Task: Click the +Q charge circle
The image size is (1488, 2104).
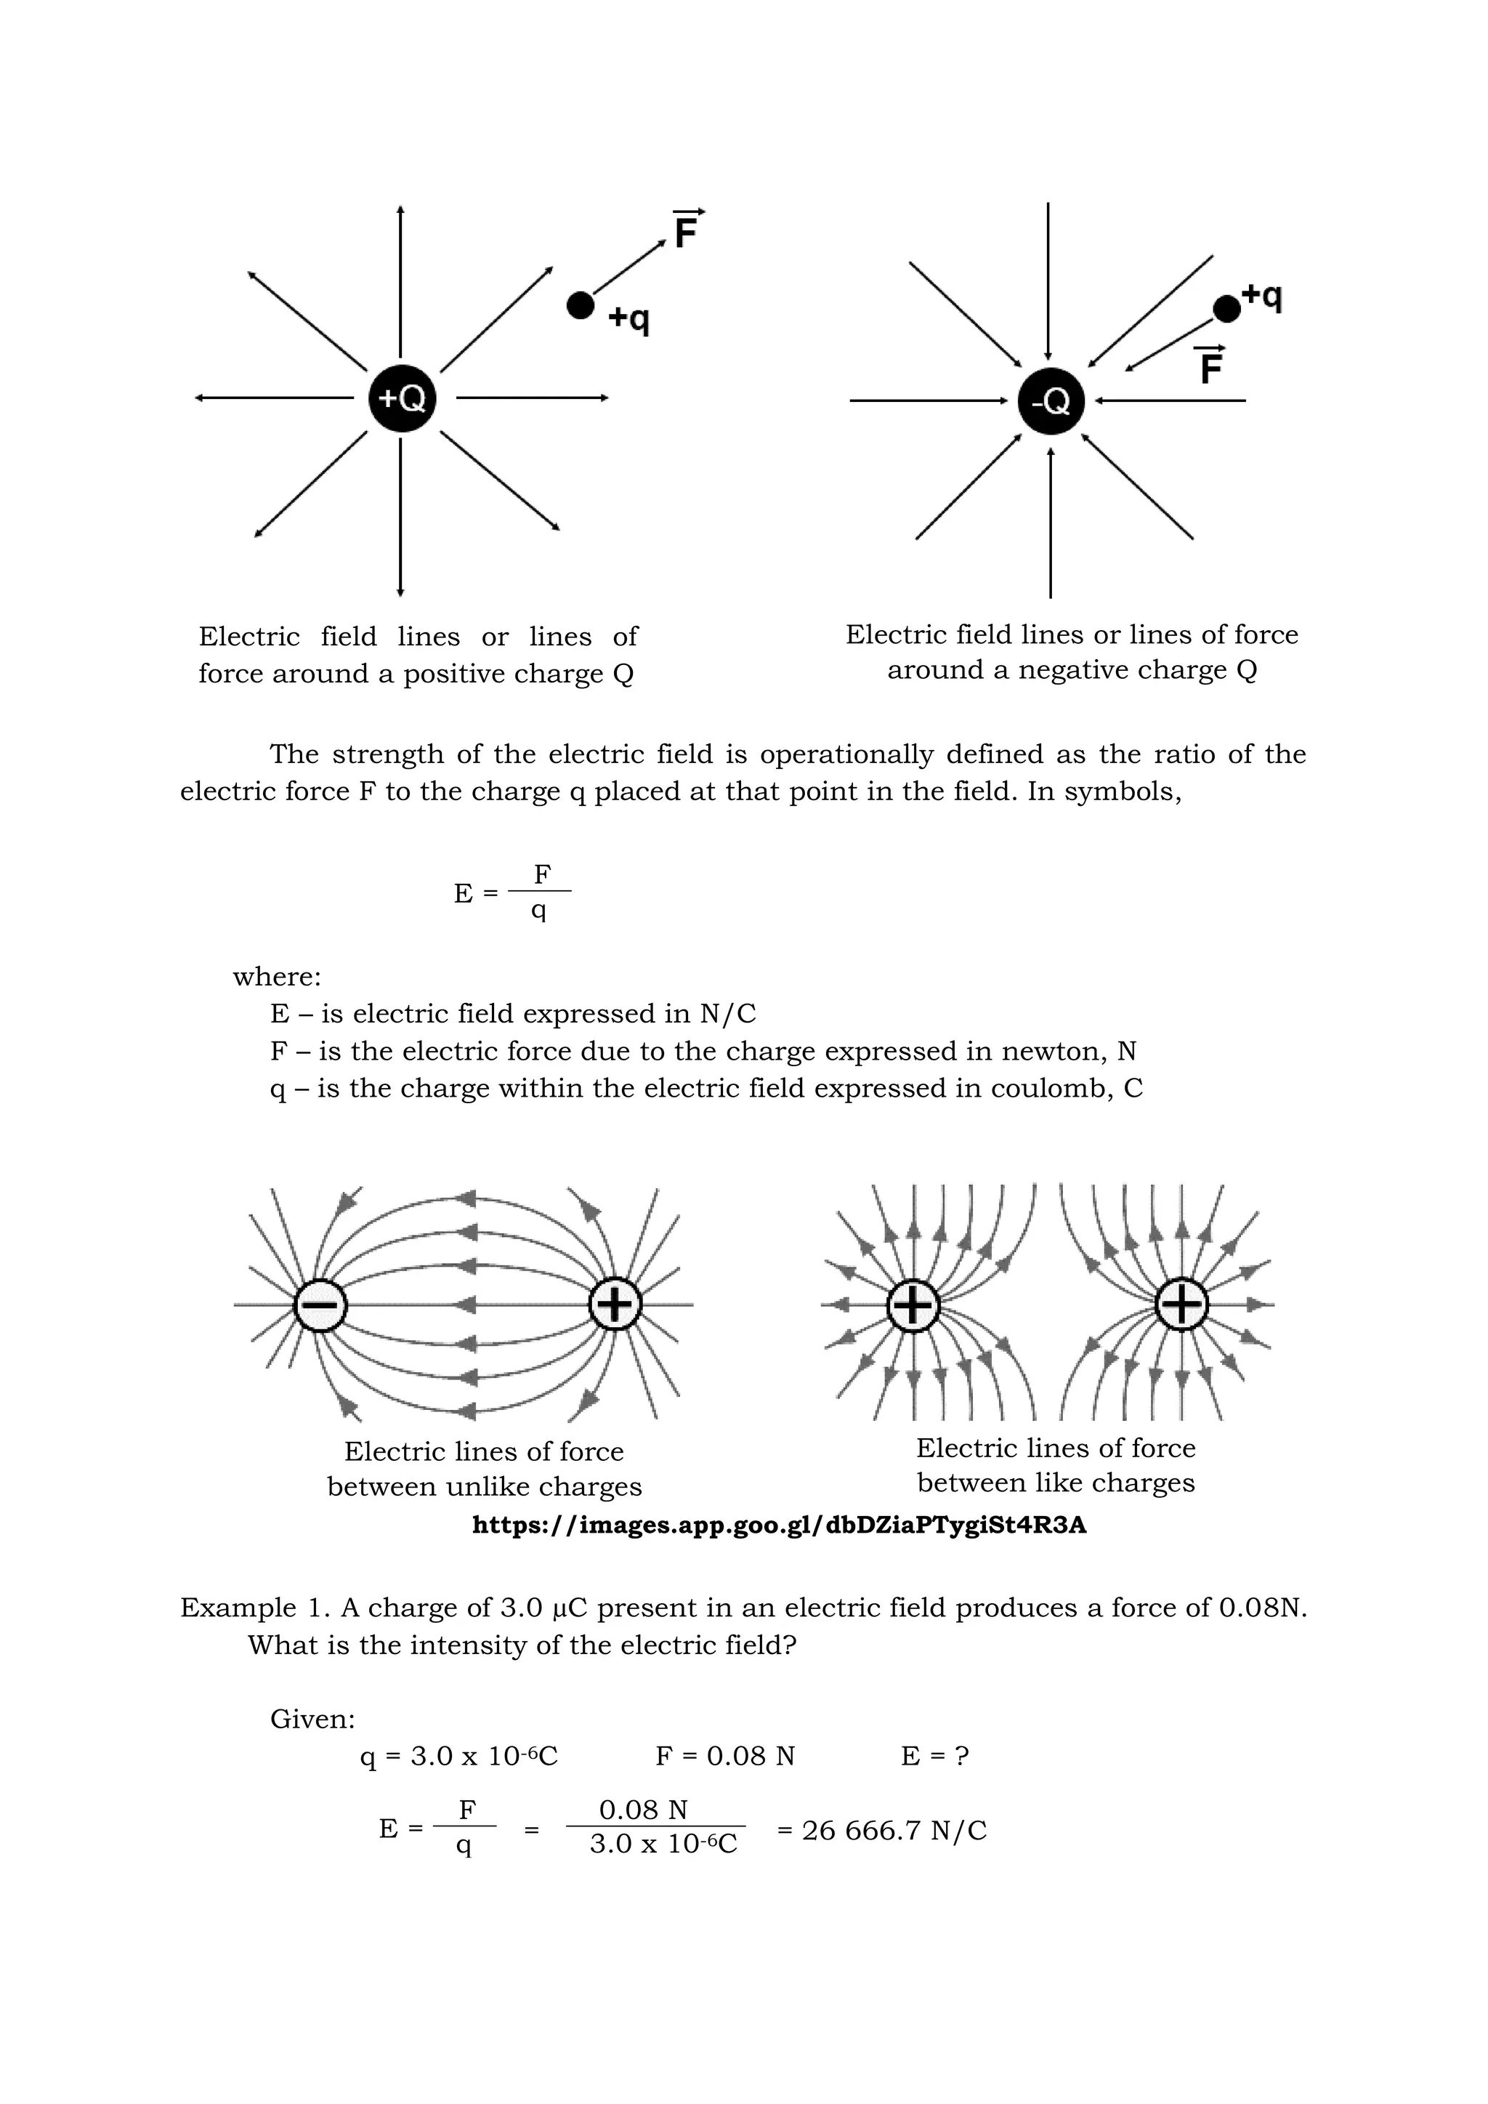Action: [401, 398]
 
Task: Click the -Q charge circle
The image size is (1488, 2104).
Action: [1051, 401]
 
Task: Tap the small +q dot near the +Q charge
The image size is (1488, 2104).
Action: [580, 305]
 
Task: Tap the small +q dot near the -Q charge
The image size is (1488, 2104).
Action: [1226, 309]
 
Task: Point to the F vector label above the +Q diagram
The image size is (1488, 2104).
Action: [687, 229]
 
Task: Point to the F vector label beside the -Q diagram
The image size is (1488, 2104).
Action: [1211, 366]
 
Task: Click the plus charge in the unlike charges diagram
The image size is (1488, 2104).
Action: [615, 1303]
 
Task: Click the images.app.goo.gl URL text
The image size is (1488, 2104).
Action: [779, 1525]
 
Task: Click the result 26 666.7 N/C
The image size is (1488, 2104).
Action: [881, 1830]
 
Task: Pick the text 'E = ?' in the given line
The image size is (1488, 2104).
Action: [934, 1756]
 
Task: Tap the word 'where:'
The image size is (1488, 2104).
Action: [277, 977]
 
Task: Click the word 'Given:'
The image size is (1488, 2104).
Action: [312, 1719]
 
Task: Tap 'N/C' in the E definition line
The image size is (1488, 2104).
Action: [727, 1014]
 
